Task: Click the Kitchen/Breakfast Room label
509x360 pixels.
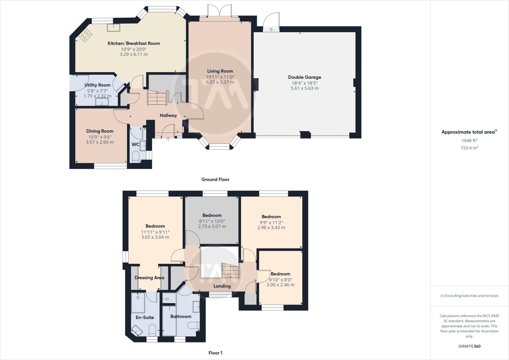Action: (133, 43)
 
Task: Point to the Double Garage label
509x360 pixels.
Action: (304, 77)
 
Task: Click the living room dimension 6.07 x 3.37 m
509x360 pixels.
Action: (220, 82)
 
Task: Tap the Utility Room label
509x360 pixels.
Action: (97, 85)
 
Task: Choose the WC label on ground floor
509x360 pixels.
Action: (135, 144)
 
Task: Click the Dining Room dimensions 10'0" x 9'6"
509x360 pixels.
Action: (100, 137)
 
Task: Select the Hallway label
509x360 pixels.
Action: (168, 115)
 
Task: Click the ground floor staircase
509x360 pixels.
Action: (157, 98)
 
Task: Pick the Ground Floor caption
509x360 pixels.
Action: (215, 179)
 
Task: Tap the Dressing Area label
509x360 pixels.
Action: (149, 278)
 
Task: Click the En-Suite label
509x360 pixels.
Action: (145, 317)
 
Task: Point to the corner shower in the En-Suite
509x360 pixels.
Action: (137, 330)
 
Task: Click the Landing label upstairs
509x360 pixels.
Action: (222, 286)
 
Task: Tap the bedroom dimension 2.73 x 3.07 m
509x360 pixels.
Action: (212, 226)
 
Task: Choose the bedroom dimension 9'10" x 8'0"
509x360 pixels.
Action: (280, 279)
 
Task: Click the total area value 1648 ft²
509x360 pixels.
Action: (469, 140)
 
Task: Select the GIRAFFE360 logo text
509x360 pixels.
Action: (469, 346)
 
